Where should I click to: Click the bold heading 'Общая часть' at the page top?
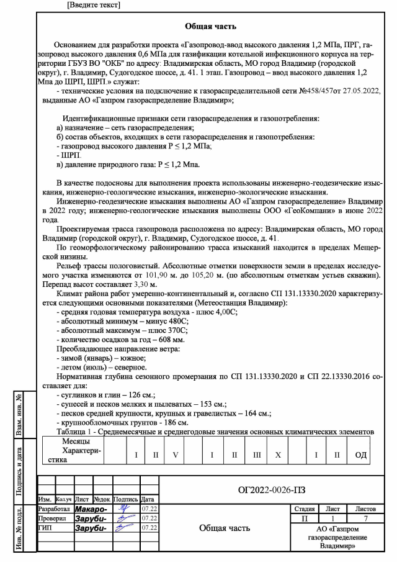coord(210,27)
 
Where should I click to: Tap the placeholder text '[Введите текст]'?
coord(93,5)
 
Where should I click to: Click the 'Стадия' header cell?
coord(303,508)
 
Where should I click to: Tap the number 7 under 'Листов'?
coord(367,517)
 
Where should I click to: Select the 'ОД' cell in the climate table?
coord(360,455)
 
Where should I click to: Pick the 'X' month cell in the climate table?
coord(278,455)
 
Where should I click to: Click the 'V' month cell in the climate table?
coord(176,455)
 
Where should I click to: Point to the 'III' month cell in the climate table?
coord(256,455)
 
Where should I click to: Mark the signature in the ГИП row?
coord(127,528)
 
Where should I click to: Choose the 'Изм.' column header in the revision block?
coord(45,499)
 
